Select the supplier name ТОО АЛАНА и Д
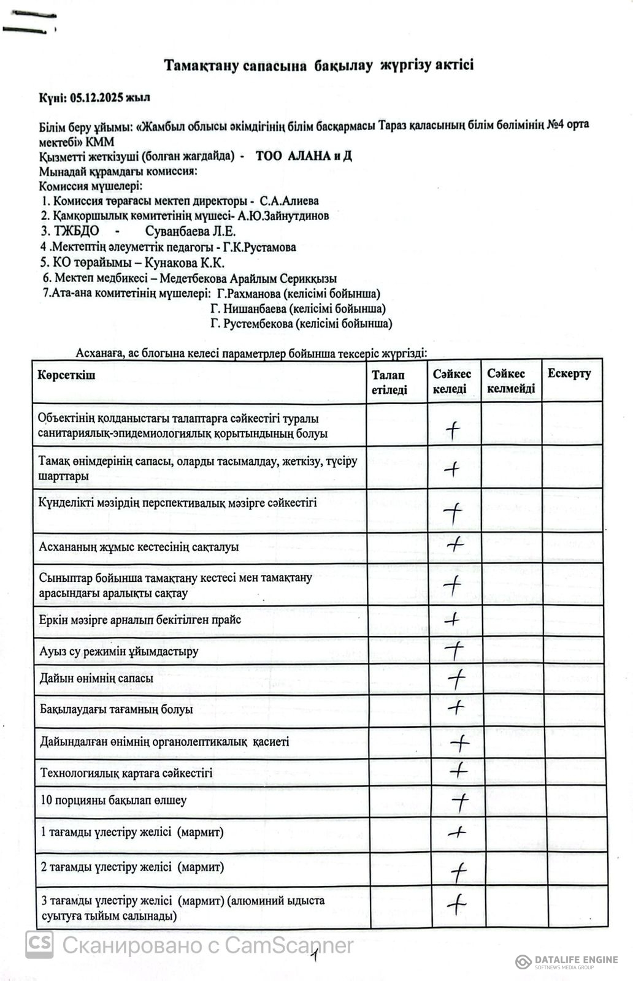[x=304, y=156]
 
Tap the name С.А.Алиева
[x=289, y=201]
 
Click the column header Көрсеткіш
[x=67, y=375]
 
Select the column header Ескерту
[x=569, y=374]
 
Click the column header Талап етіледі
[x=389, y=382]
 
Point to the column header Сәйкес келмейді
[x=511, y=381]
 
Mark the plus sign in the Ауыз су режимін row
[x=455, y=649]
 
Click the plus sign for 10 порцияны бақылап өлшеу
[x=459, y=801]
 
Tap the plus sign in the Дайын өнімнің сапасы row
[x=456, y=678]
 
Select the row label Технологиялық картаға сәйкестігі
[x=126, y=773]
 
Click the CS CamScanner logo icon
[x=39, y=945]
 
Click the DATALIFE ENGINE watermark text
[x=575, y=960]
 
